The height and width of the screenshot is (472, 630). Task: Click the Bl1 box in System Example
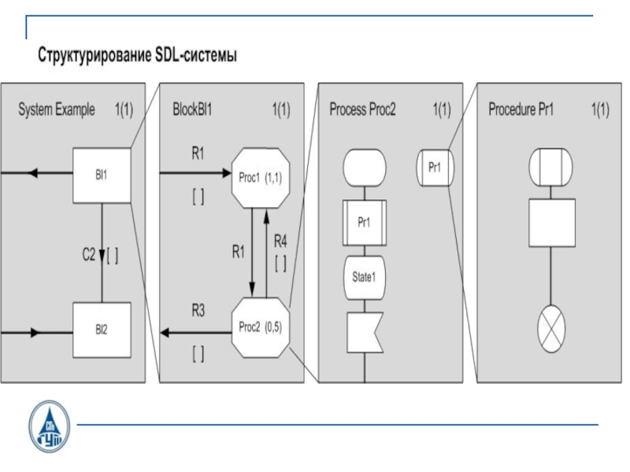[x=101, y=175]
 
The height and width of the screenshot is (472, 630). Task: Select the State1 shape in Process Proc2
[x=364, y=277]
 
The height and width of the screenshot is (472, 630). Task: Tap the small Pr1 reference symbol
[x=434, y=167]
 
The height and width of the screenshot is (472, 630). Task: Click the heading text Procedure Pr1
[x=521, y=110]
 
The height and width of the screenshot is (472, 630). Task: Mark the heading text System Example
[x=57, y=110]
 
